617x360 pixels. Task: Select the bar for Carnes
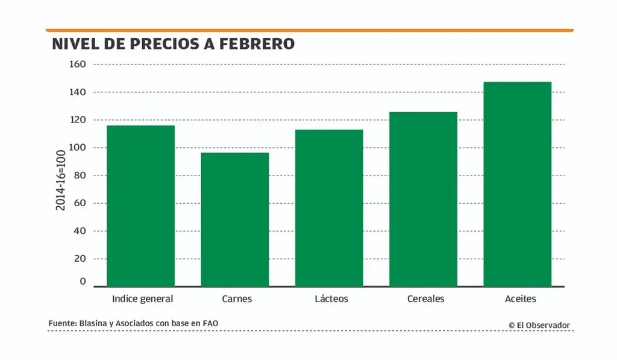point(235,219)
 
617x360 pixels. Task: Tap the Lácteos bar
point(329,208)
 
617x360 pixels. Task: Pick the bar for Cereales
point(423,199)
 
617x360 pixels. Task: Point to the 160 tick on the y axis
point(79,64)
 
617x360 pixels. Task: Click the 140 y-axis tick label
point(79,92)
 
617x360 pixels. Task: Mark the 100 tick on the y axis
point(79,147)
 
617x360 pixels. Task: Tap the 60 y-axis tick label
point(81,203)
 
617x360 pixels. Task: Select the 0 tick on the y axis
point(83,282)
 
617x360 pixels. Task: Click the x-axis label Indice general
point(143,299)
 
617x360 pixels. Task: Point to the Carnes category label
point(237,299)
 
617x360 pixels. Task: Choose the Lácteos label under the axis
point(331,299)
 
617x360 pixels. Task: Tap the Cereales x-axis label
point(425,299)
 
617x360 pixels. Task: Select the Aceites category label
point(521,299)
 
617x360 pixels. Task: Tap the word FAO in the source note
point(210,324)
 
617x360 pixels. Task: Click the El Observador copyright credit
point(539,325)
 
